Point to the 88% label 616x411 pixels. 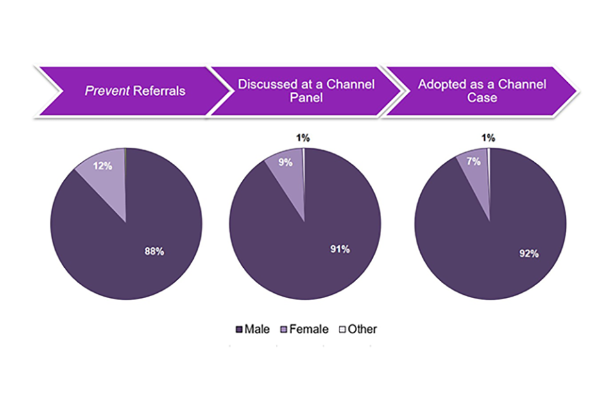[154, 251]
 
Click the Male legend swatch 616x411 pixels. [239, 329]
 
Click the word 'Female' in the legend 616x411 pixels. [309, 329]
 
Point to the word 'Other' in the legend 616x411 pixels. [363, 329]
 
